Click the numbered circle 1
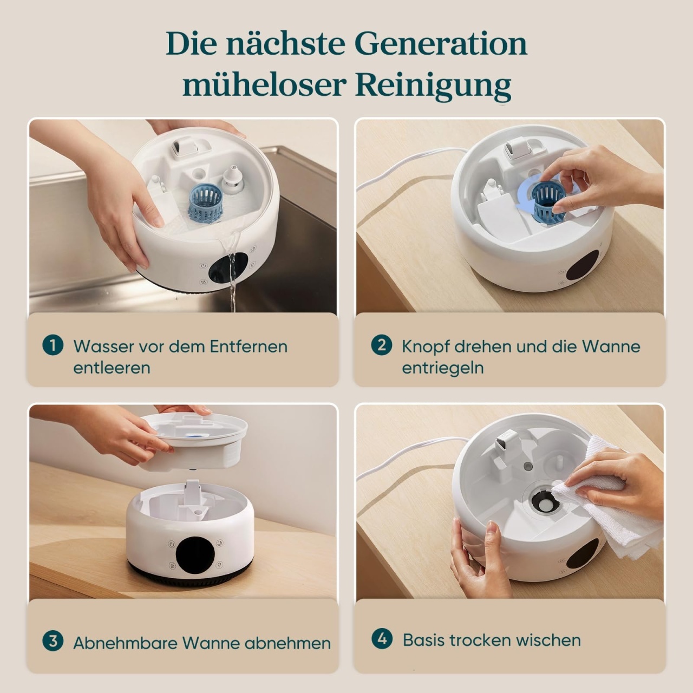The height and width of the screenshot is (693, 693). [53, 345]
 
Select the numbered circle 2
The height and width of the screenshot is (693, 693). [382, 345]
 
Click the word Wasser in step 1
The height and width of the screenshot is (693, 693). [103, 346]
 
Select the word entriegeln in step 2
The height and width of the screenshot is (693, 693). [443, 369]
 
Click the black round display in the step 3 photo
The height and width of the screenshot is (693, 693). [193, 555]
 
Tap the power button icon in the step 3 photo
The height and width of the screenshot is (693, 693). [172, 544]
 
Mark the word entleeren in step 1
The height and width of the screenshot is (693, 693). [112, 368]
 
